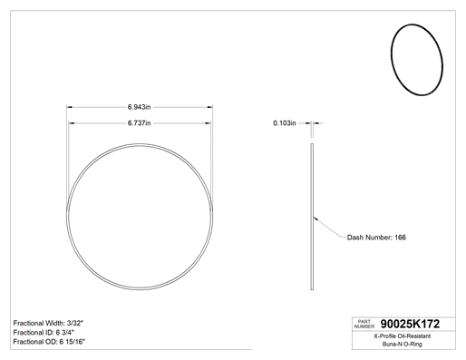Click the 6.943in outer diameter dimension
(x=139, y=107)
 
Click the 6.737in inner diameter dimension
(x=139, y=123)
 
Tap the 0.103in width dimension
(x=285, y=123)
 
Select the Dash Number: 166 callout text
(x=376, y=238)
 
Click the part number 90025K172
(x=410, y=324)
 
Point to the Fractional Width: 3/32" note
(x=48, y=323)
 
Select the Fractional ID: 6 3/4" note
(x=44, y=333)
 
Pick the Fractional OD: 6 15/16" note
(x=49, y=342)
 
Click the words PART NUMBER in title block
(x=364, y=324)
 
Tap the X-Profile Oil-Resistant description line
(x=403, y=336)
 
